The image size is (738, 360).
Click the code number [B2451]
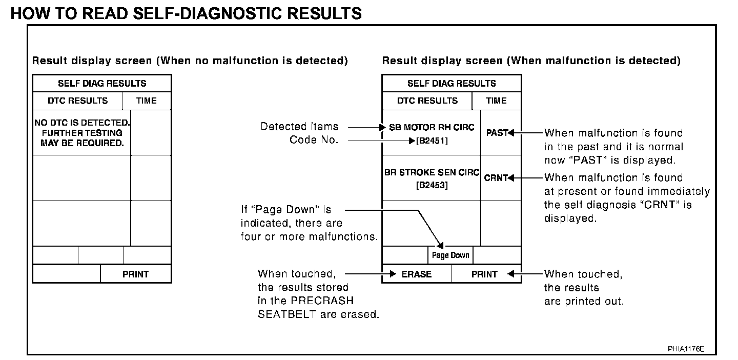(432, 141)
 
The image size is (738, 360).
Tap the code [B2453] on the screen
(432, 185)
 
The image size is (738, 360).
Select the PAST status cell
(496, 132)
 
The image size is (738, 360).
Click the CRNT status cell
(496, 177)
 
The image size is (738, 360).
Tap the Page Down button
(450, 255)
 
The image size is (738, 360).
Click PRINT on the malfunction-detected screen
(484, 274)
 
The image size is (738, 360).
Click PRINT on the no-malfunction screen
(135, 274)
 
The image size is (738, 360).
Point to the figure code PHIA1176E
(686, 349)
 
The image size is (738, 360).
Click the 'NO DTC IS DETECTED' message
(82, 123)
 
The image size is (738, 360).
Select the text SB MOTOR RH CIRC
(432, 127)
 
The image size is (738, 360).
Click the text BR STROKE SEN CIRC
(432, 172)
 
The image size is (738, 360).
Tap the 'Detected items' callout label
(299, 126)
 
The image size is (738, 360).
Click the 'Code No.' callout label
(314, 140)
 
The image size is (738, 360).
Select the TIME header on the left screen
(147, 101)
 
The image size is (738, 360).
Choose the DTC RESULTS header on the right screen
(427, 101)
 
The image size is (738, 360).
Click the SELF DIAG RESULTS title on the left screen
(102, 83)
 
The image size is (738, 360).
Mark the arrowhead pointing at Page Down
(440, 246)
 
